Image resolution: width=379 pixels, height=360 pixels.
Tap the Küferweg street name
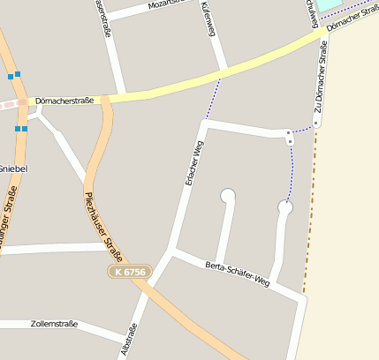(209, 19)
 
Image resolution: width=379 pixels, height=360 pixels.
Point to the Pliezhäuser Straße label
(102, 220)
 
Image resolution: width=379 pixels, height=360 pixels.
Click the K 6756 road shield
(131, 272)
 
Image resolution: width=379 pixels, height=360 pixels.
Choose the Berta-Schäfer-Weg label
(237, 274)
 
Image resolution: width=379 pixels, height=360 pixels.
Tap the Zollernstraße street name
(54, 324)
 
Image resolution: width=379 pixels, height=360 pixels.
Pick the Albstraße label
(128, 339)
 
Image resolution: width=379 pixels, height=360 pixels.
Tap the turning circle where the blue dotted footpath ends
(285, 207)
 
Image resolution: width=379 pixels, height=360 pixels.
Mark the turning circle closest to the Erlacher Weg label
(229, 195)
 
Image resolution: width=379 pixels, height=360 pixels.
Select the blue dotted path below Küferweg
(213, 98)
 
